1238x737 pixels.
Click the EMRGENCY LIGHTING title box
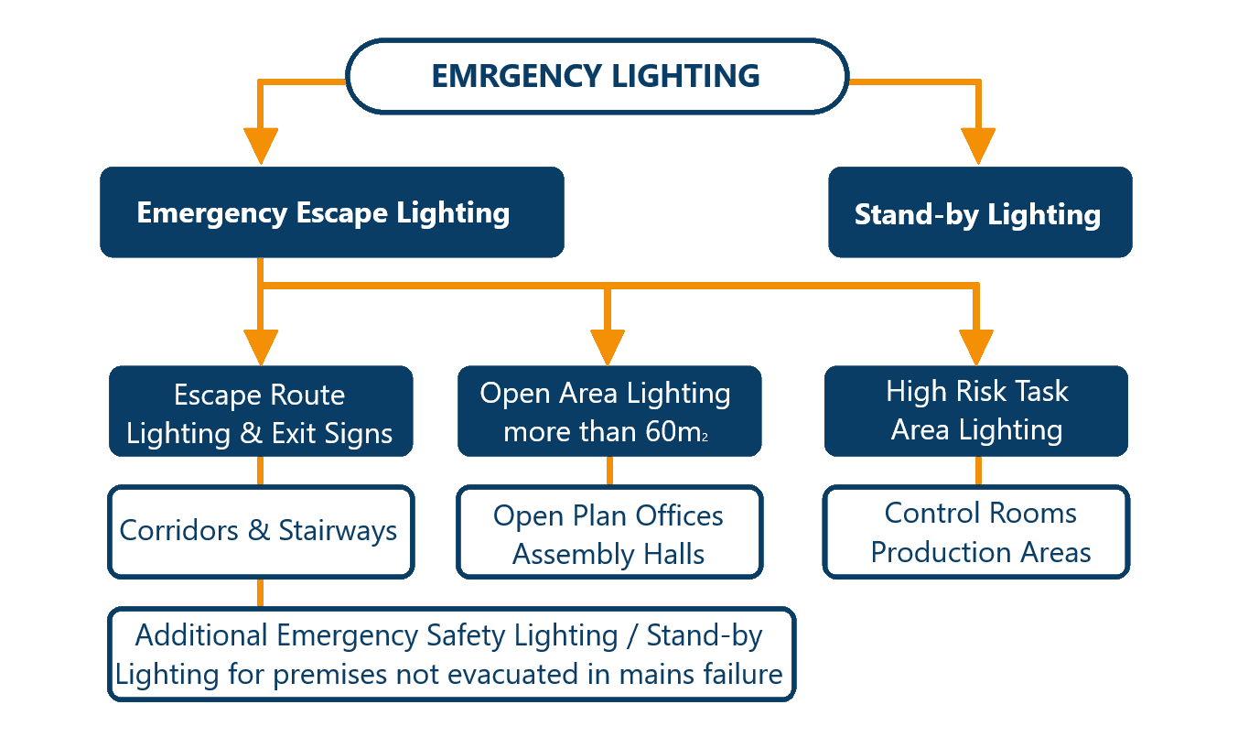(596, 76)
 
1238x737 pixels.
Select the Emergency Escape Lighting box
(331, 212)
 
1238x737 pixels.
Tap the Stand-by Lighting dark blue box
(979, 212)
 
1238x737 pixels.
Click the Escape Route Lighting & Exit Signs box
(261, 412)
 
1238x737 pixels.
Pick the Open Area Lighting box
(608, 412)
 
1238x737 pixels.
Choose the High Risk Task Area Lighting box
(976, 410)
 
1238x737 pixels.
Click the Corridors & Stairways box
(261, 531)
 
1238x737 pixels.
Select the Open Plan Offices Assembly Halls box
(608, 533)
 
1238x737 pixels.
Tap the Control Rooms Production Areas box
(976, 532)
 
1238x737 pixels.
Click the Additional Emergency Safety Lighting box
(451, 654)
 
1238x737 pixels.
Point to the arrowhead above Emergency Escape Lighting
(262, 146)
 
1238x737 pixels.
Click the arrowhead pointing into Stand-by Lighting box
(978, 146)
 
